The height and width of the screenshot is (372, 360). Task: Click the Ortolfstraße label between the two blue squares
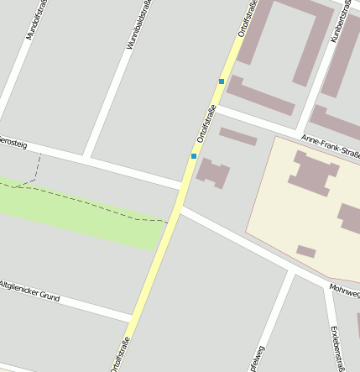(x=206, y=123)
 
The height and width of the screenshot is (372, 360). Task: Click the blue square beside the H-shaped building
(x=194, y=156)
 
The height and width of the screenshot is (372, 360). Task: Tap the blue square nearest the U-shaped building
(x=222, y=81)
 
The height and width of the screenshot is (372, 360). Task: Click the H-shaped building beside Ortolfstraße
(x=213, y=173)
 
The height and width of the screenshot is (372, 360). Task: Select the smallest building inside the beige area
(x=306, y=251)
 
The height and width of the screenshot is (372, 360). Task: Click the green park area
(x=84, y=214)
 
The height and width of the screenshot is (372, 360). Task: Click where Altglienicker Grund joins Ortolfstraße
(x=132, y=317)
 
